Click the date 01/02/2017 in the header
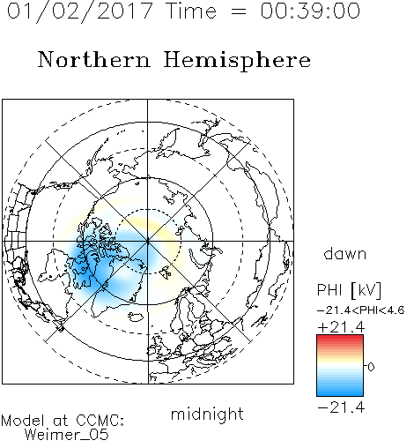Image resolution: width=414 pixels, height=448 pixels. pyautogui.click(x=79, y=11)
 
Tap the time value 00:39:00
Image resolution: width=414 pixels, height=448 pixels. pyautogui.click(x=310, y=11)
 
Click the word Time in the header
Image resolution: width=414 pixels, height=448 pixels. pyautogui.click(x=191, y=11)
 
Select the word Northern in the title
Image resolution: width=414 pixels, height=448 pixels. pyautogui.click(x=94, y=59)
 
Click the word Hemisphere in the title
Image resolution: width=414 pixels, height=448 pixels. pyautogui.click(x=237, y=61)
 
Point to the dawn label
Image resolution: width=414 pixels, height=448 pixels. pyautogui.click(x=344, y=253)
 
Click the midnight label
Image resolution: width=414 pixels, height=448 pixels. pyautogui.click(x=207, y=414)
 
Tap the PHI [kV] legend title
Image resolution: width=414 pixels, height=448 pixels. pyautogui.click(x=349, y=290)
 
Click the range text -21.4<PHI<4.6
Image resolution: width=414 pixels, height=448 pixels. pyautogui.click(x=360, y=310)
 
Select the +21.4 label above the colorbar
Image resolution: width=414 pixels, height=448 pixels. pyautogui.click(x=341, y=327)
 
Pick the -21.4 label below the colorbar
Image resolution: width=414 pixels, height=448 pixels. pyautogui.click(x=341, y=407)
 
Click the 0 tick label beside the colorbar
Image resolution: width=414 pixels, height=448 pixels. pyautogui.click(x=371, y=367)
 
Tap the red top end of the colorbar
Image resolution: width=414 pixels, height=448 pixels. pyautogui.click(x=340, y=338)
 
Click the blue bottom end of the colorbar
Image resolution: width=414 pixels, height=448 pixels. pyautogui.click(x=340, y=393)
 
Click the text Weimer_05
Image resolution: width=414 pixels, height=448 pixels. pyautogui.click(x=67, y=435)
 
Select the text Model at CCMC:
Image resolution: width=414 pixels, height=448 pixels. pyautogui.click(x=63, y=421)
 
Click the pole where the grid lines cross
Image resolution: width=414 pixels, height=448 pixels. pyautogui.click(x=148, y=242)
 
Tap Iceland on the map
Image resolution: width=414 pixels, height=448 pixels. pyautogui.click(x=136, y=317)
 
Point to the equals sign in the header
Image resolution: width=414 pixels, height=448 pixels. pyautogui.click(x=239, y=11)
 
